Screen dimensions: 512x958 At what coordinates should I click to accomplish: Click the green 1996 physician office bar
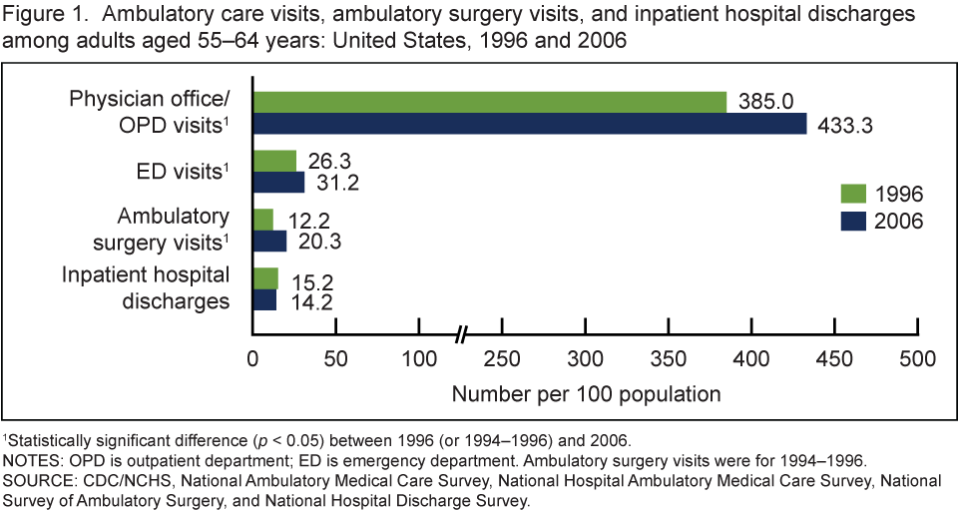(489, 102)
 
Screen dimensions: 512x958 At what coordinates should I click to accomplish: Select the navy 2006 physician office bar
(529, 124)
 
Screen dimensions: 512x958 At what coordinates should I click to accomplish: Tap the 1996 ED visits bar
(274, 160)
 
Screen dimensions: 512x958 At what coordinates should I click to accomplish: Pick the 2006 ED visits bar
(278, 182)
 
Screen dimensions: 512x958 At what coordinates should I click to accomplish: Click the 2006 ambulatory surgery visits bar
(269, 241)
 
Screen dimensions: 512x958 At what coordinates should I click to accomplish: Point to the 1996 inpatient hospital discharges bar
(265, 277)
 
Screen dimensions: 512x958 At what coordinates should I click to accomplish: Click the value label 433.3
(847, 125)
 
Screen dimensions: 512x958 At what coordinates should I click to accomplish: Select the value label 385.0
(765, 102)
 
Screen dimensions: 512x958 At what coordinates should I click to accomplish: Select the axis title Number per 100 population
(586, 392)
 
